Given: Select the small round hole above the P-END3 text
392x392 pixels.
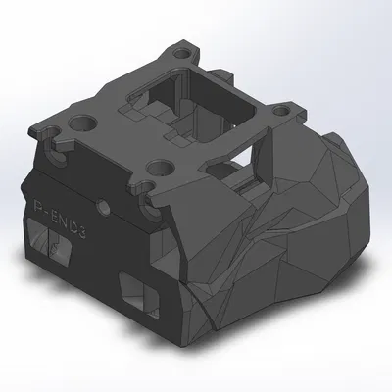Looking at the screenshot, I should [x=102, y=208].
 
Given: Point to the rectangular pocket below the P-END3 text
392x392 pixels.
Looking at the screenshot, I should [x=48, y=241].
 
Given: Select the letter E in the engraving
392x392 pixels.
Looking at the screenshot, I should [x=53, y=210].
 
